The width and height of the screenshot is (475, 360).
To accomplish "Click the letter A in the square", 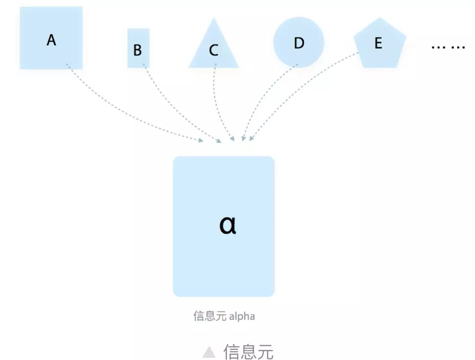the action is [51, 40].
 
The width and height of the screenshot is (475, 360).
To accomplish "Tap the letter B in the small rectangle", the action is [138, 50].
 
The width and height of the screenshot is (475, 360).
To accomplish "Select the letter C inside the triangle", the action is [214, 51].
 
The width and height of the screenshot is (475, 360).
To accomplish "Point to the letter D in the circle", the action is [299, 43].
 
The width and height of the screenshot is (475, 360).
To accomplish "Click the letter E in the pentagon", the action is [378, 43].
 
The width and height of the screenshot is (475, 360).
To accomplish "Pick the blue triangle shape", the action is [214, 59].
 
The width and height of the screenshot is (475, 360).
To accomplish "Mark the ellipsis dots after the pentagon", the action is [448, 47].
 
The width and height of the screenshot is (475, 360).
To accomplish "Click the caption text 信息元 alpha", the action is [224, 316].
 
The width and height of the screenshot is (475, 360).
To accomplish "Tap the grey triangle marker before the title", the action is [209, 352].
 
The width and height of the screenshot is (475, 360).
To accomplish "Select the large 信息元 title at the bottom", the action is [248, 352].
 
